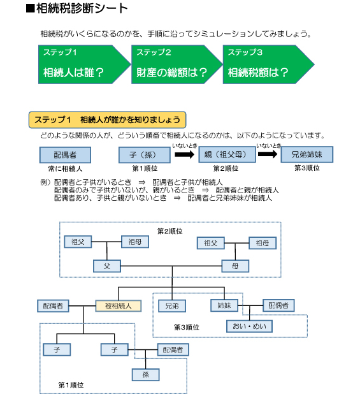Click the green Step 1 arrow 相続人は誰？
(x=84, y=64)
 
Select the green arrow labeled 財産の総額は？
(x=176, y=64)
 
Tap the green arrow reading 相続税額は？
(x=268, y=64)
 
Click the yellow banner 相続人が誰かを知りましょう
(x=107, y=120)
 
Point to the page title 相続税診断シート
(x=77, y=8)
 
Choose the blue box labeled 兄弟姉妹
(x=306, y=154)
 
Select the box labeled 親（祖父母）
(x=227, y=154)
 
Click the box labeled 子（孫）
(x=145, y=155)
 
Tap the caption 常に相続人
(x=65, y=168)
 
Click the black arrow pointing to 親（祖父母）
(x=185, y=154)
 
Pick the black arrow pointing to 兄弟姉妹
(x=268, y=154)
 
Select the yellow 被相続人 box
(x=119, y=306)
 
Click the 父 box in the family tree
(x=107, y=266)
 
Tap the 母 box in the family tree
(x=235, y=266)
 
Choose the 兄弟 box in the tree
(x=172, y=306)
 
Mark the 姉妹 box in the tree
(x=224, y=305)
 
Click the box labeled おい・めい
(x=249, y=326)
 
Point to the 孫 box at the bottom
(x=146, y=375)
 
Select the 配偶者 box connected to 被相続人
(x=53, y=306)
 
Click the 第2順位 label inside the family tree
(x=169, y=231)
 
